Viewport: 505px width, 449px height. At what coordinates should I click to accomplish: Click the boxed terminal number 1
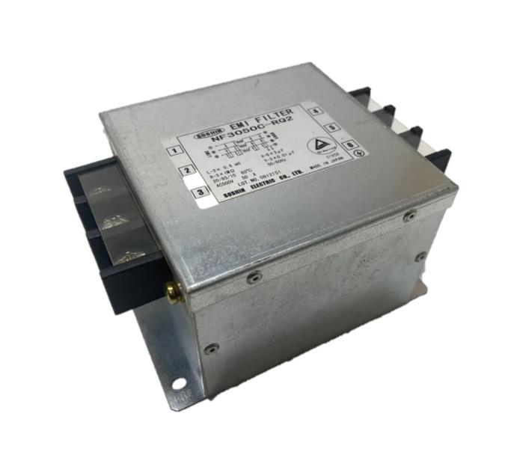coord(174,150)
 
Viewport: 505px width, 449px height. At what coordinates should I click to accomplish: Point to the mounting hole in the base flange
coord(180,387)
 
